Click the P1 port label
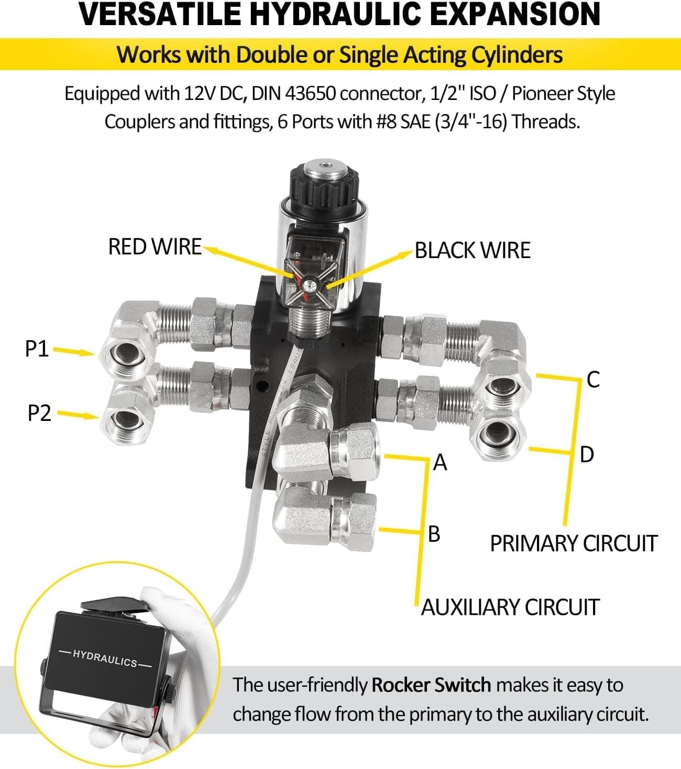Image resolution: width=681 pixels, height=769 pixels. click(x=37, y=349)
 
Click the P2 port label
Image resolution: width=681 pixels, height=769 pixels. click(x=39, y=413)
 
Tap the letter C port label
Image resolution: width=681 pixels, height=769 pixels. click(x=593, y=380)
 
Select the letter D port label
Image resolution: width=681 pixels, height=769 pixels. click(x=587, y=454)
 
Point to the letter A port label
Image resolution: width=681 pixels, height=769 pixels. click(x=441, y=463)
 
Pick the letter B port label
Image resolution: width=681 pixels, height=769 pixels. click(x=434, y=534)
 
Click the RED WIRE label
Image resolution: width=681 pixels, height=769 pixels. click(x=155, y=247)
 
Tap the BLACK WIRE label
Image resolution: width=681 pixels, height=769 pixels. click(x=473, y=250)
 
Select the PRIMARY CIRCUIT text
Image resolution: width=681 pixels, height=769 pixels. click(x=573, y=543)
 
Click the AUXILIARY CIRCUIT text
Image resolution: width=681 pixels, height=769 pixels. click(x=510, y=607)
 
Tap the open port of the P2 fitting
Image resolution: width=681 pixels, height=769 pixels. click(x=126, y=419)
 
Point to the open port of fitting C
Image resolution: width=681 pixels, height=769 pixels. click(x=498, y=387)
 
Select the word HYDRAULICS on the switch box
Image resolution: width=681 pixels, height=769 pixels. click(x=105, y=657)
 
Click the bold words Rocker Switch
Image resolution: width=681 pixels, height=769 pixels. click(x=431, y=685)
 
